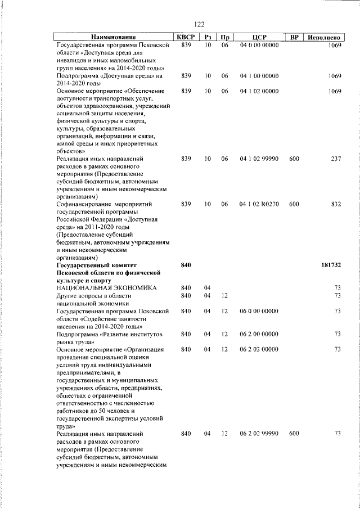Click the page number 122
point(198,25)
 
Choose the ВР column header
point(294,37)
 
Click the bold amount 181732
point(331,264)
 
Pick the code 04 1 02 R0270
point(259,204)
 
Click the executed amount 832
point(336,204)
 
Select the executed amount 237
point(336,159)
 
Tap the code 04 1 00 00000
point(259,75)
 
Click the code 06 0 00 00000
point(259,310)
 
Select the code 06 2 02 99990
point(259,434)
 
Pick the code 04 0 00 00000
point(259,45)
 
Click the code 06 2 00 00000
point(259,334)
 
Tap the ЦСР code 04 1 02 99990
point(259,159)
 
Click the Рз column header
point(208,37)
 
